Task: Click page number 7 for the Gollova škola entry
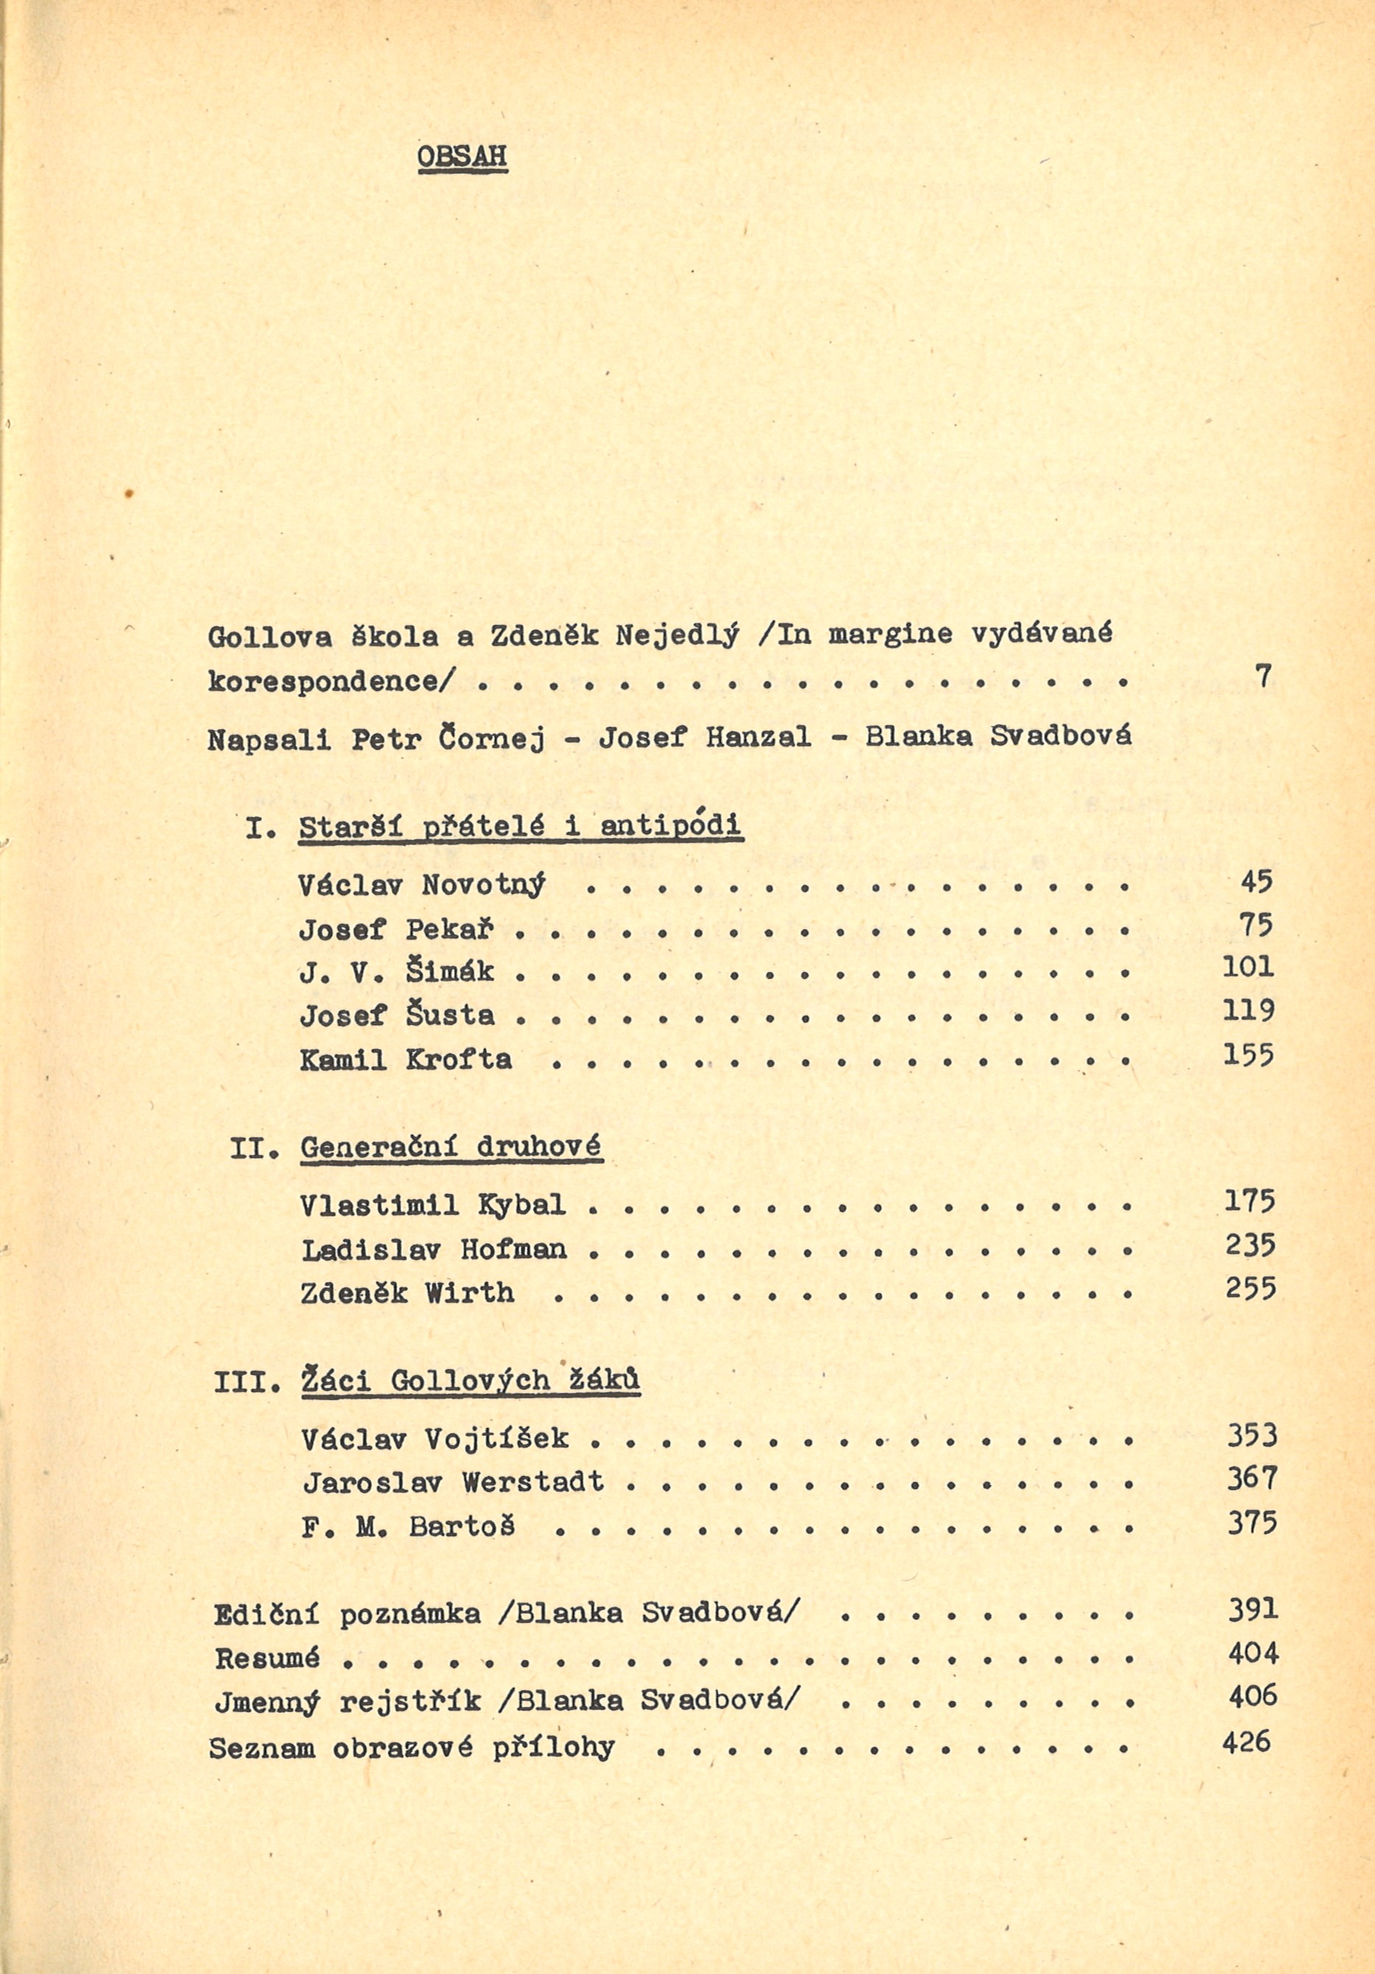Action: [x=1262, y=677]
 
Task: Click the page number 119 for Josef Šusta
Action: [x=1248, y=1011]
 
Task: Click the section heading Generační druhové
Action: [x=452, y=1148]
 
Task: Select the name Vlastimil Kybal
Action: [x=433, y=1204]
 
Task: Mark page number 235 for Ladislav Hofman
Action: [x=1251, y=1246]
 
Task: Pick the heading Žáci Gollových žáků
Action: [x=472, y=1382]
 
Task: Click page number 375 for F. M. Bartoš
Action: [x=1252, y=1523]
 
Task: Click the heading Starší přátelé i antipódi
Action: [x=520, y=827]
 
